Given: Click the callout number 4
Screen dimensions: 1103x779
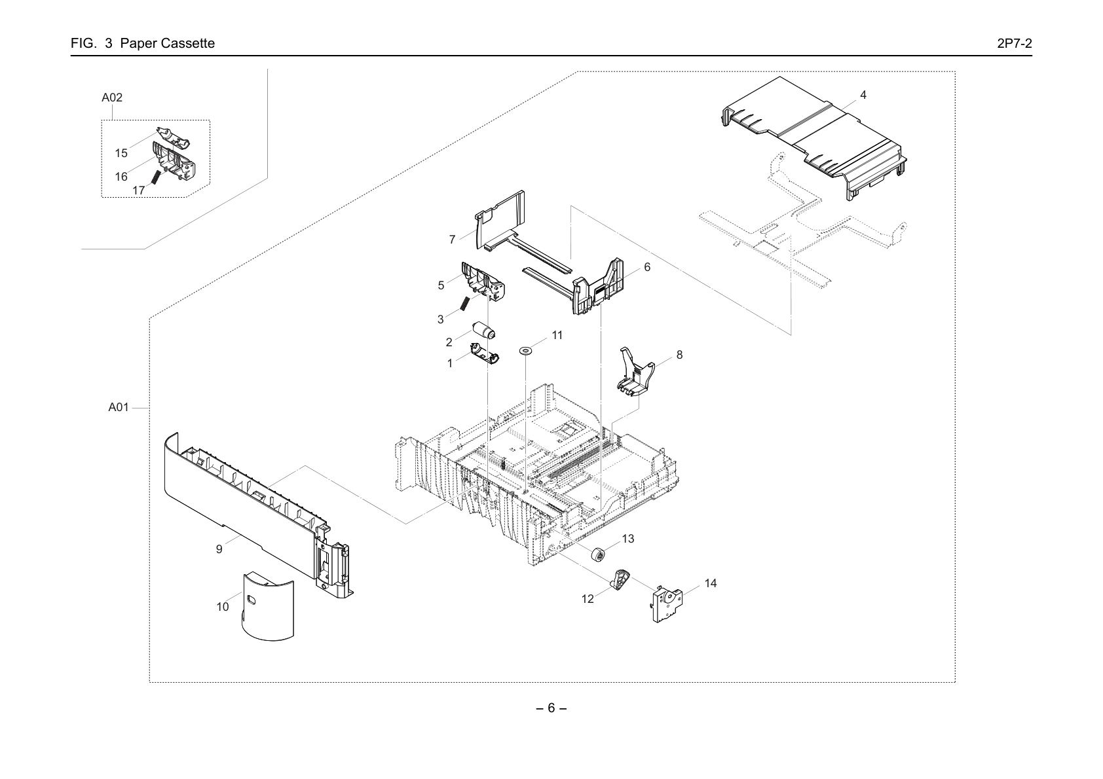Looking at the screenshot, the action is point(863,95).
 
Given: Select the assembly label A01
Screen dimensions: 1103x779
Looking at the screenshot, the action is point(119,407).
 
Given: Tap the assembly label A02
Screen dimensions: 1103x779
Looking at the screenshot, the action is point(112,98).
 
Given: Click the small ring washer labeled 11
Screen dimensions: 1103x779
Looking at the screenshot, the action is point(526,351).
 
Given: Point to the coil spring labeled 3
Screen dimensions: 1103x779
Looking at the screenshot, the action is point(464,304).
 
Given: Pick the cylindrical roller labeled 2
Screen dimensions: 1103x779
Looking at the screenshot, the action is point(483,331).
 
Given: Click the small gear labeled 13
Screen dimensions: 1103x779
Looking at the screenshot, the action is point(598,554).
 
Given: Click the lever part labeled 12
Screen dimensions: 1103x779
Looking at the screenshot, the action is point(622,579).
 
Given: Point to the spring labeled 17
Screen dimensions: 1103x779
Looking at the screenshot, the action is point(155,177).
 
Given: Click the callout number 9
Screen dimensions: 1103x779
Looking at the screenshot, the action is point(219,549).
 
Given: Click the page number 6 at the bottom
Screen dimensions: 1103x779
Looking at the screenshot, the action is point(551,708).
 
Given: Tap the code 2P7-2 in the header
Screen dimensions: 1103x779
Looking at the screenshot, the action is point(1015,43).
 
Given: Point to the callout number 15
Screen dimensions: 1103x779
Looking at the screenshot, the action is point(121,153).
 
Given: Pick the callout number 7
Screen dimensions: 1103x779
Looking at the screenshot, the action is point(452,240).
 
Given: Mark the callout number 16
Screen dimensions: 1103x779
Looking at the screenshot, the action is point(121,177).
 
